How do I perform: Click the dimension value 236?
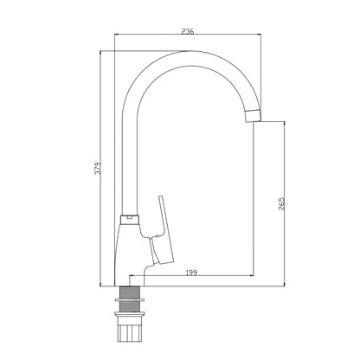(188, 31)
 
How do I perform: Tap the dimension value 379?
(99, 168)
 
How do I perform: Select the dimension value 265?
(281, 203)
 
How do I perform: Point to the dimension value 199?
(191, 273)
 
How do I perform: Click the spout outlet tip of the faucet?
(254, 116)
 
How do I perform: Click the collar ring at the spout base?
(130, 220)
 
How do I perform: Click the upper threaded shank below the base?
(130, 292)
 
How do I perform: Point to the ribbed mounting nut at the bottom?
(130, 329)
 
